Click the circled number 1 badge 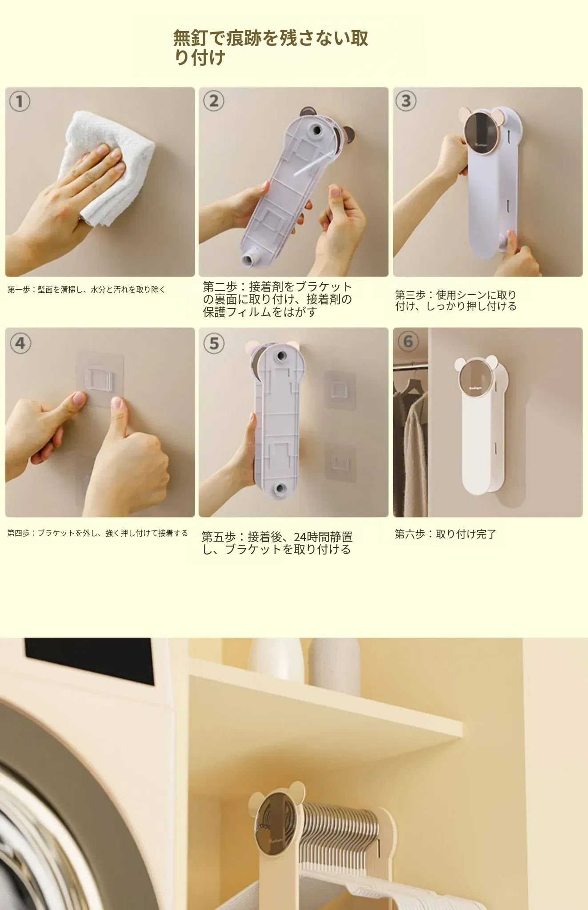(x=20, y=102)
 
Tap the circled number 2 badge (x=214, y=101)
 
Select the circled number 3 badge (x=406, y=101)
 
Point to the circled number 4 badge (x=20, y=343)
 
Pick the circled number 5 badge (x=214, y=343)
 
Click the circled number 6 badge (x=408, y=342)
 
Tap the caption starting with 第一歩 (x=87, y=290)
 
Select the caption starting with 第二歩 (x=277, y=299)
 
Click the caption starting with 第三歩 (x=456, y=300)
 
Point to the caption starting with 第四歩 (x=98, y=533)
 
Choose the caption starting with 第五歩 (x=277, y=543)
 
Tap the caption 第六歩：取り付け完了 (x=445, y=534)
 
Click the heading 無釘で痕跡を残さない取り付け (x=271, y=48)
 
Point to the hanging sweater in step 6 (x=414, y=453)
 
